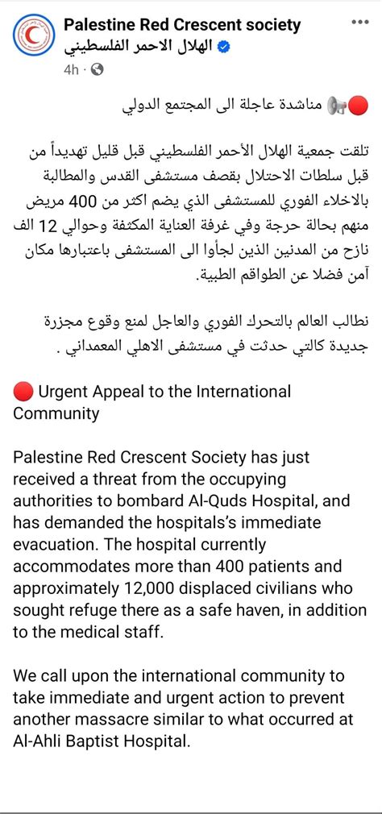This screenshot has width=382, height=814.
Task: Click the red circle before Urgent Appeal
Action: point(23,392)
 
